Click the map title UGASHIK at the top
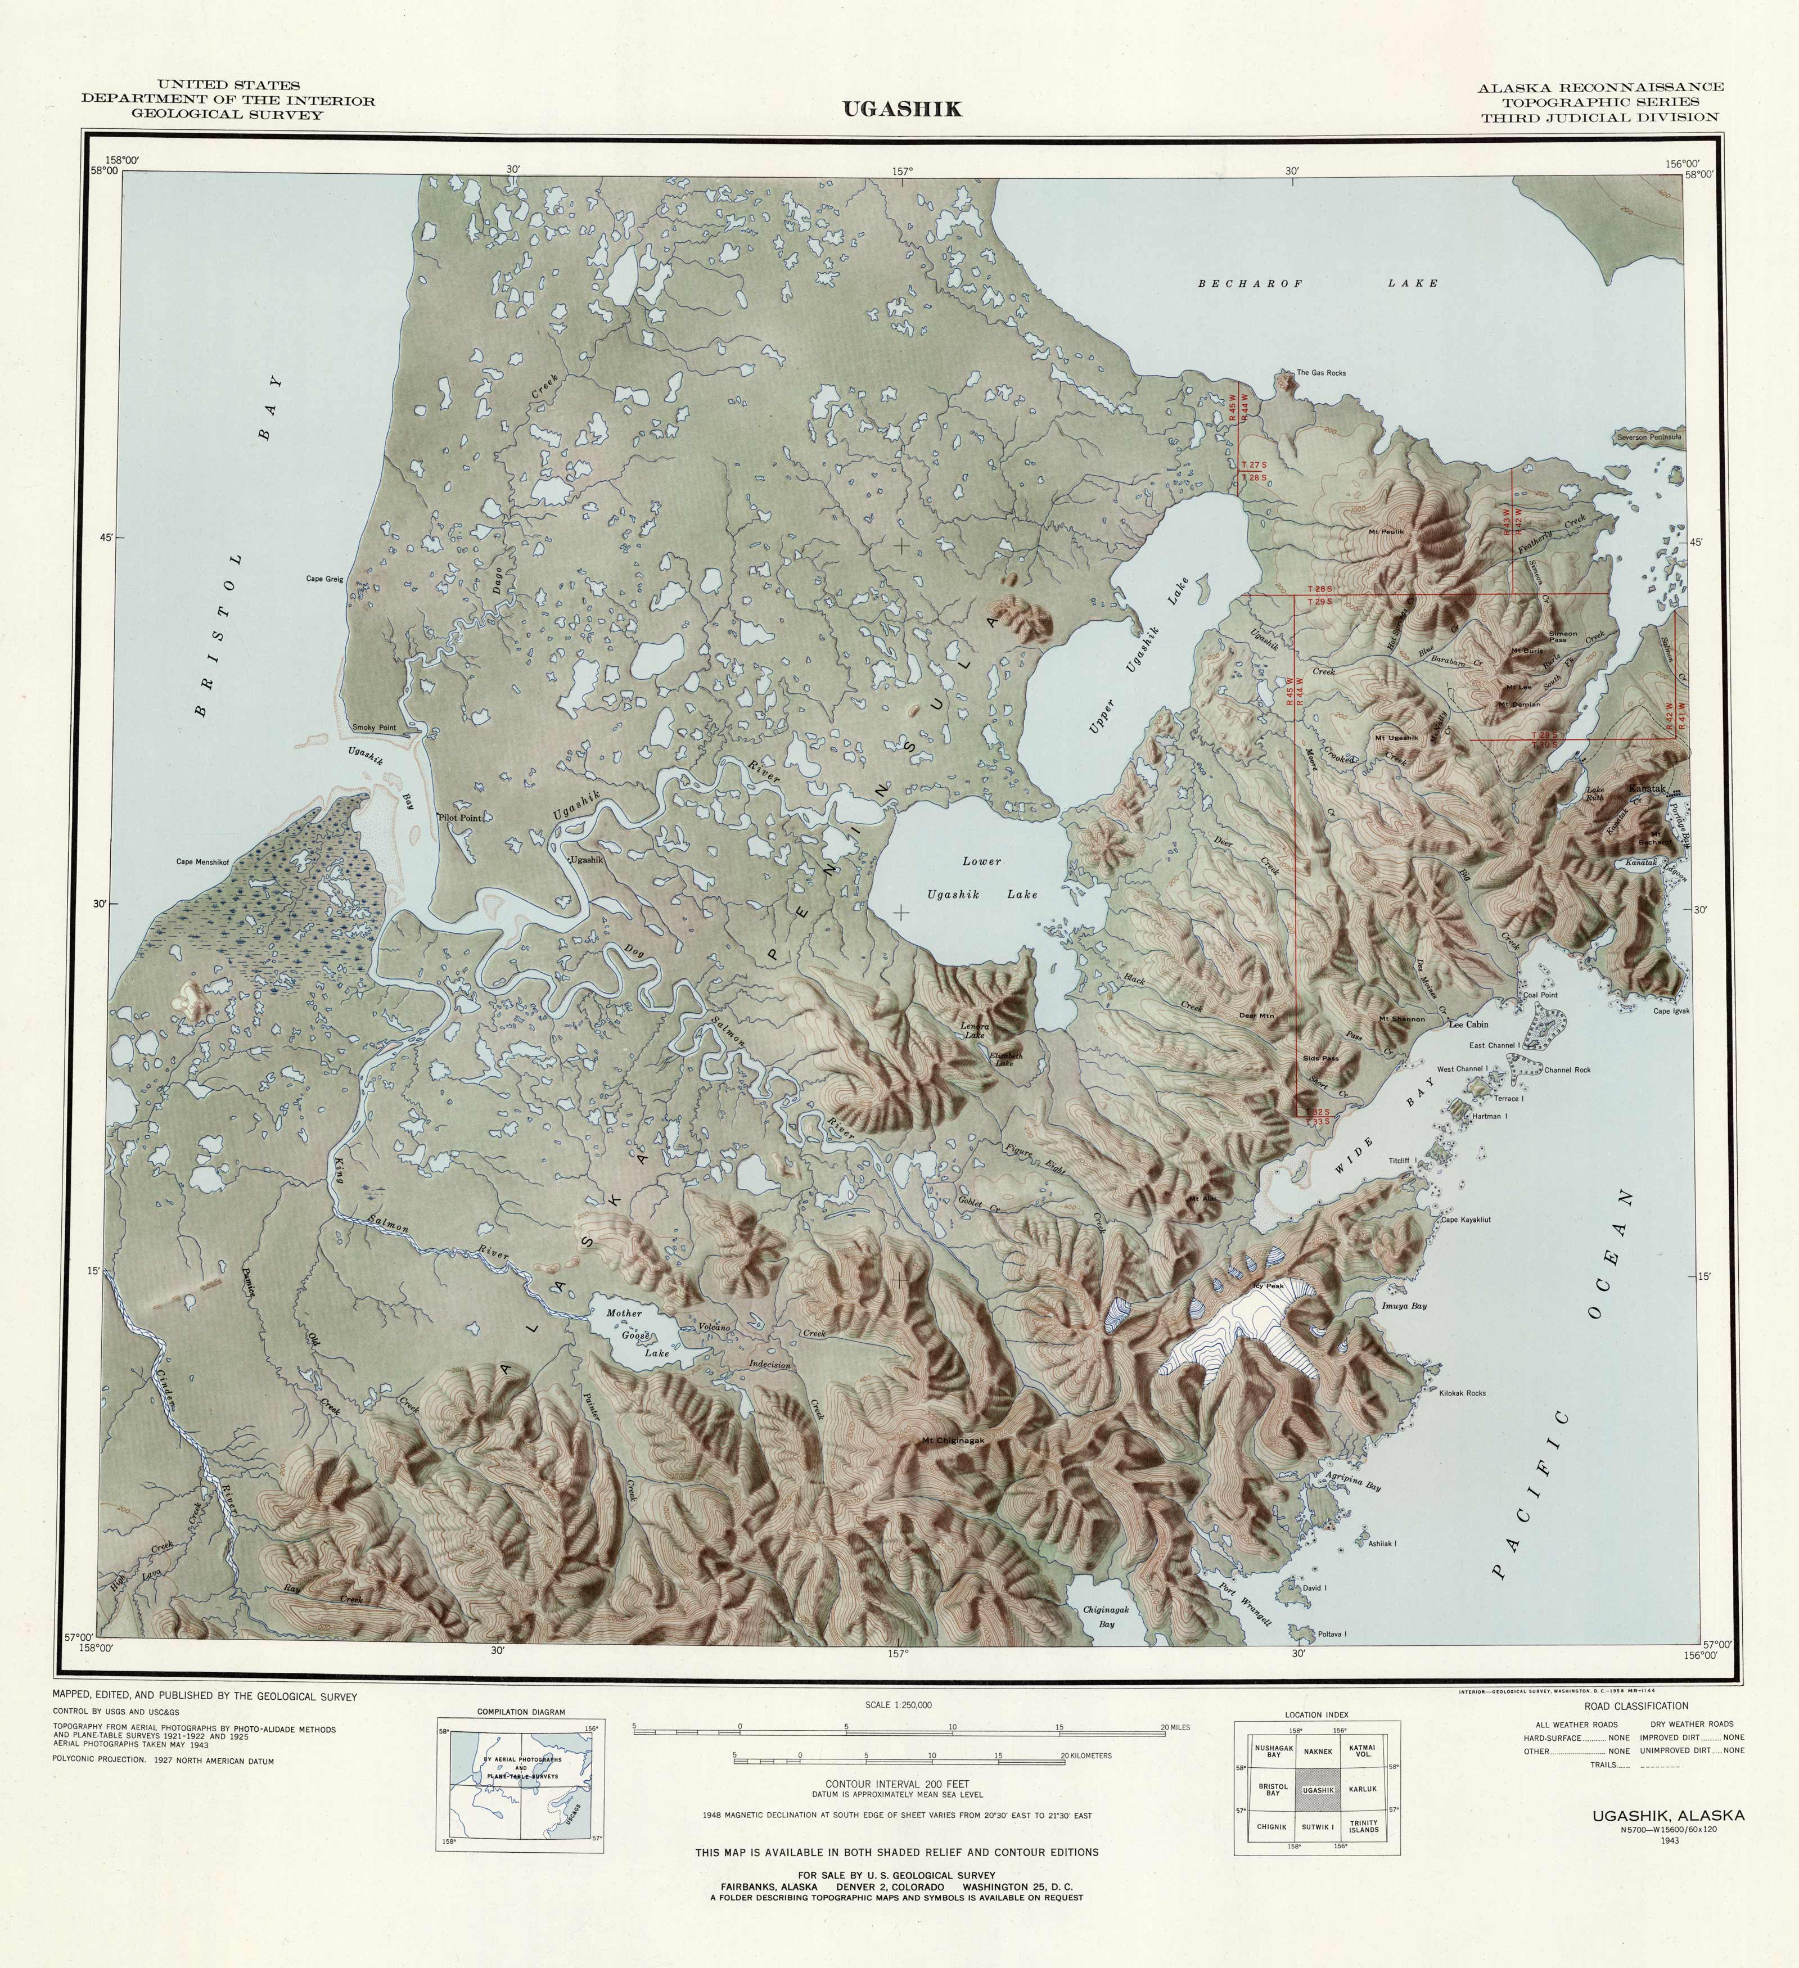(x=902, y=109)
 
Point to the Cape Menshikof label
(x=202, y=862)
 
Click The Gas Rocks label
(x=1320, y=373)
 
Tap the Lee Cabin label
(x=1468, y=1025)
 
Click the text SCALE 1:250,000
(x=898, y=1705)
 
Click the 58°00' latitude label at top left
(x=105, y=171)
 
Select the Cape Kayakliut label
(x=1465, y=1219)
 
